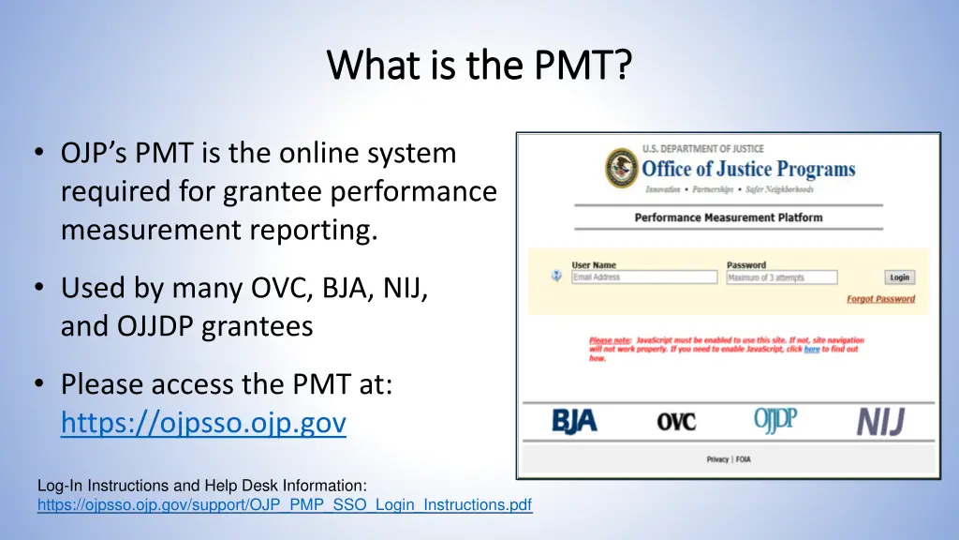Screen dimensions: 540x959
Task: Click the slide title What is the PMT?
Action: [x=479, y=66]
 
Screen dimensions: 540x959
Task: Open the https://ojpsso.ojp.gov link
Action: [x=203, y=424]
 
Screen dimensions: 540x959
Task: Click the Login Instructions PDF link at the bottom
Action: [x=285, y=505]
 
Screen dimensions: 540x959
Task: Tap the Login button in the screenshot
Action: [x=899, y=277]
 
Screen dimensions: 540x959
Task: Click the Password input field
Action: [x=781, y=277]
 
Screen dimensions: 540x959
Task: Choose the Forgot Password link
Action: [x=880, y=299]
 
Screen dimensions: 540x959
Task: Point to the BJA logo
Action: [x=574, y=422]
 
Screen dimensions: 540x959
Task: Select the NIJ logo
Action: [x=880, y=422]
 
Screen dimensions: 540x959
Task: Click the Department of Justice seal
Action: [x=621, y=168]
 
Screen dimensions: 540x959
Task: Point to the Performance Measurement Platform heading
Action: [x=728, y=217]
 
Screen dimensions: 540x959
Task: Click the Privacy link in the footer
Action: [x=717, y=459]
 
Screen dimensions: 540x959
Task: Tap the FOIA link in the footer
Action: [x=744, y=459]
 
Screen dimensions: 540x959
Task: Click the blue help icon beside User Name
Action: [x=555, y=277]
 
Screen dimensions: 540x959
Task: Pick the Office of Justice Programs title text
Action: [x=748, y=170]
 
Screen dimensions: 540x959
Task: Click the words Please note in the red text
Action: [x=610, y=340]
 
